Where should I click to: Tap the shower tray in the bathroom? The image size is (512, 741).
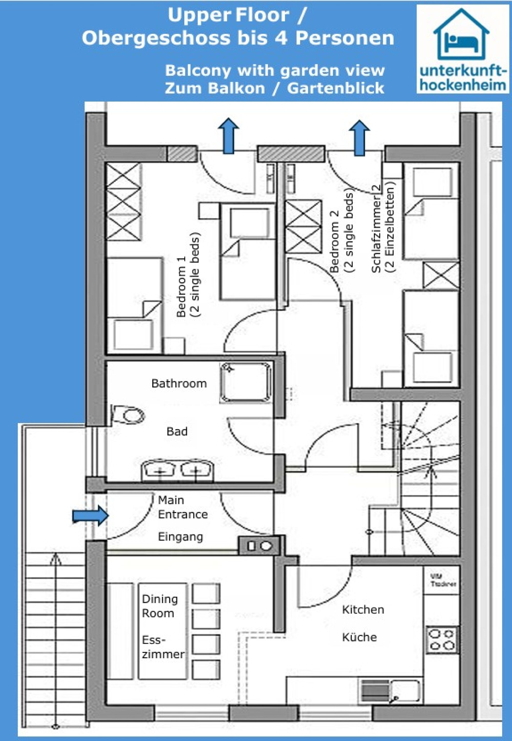click(246, 382)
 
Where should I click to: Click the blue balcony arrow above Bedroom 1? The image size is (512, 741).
click(228, 136)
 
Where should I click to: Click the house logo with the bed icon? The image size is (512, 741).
click(461, 35)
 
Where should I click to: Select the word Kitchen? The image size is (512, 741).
click(363, 609)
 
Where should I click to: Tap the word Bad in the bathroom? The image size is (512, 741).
click(177, 431)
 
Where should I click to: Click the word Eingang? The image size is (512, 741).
click(180, 537)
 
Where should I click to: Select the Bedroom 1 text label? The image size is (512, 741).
click(182, 286)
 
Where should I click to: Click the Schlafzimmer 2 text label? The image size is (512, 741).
click(376, 228)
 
